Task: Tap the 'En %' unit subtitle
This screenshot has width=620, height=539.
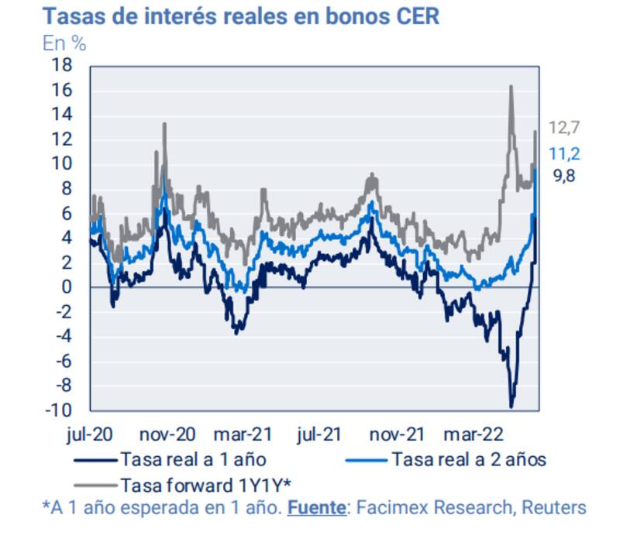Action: point(64,43)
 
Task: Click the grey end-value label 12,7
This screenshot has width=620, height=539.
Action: point(565,128)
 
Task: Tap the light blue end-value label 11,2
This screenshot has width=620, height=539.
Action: point(565,153)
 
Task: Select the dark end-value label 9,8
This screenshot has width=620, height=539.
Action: point(565,177)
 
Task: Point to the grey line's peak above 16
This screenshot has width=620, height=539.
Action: point(511,86)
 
